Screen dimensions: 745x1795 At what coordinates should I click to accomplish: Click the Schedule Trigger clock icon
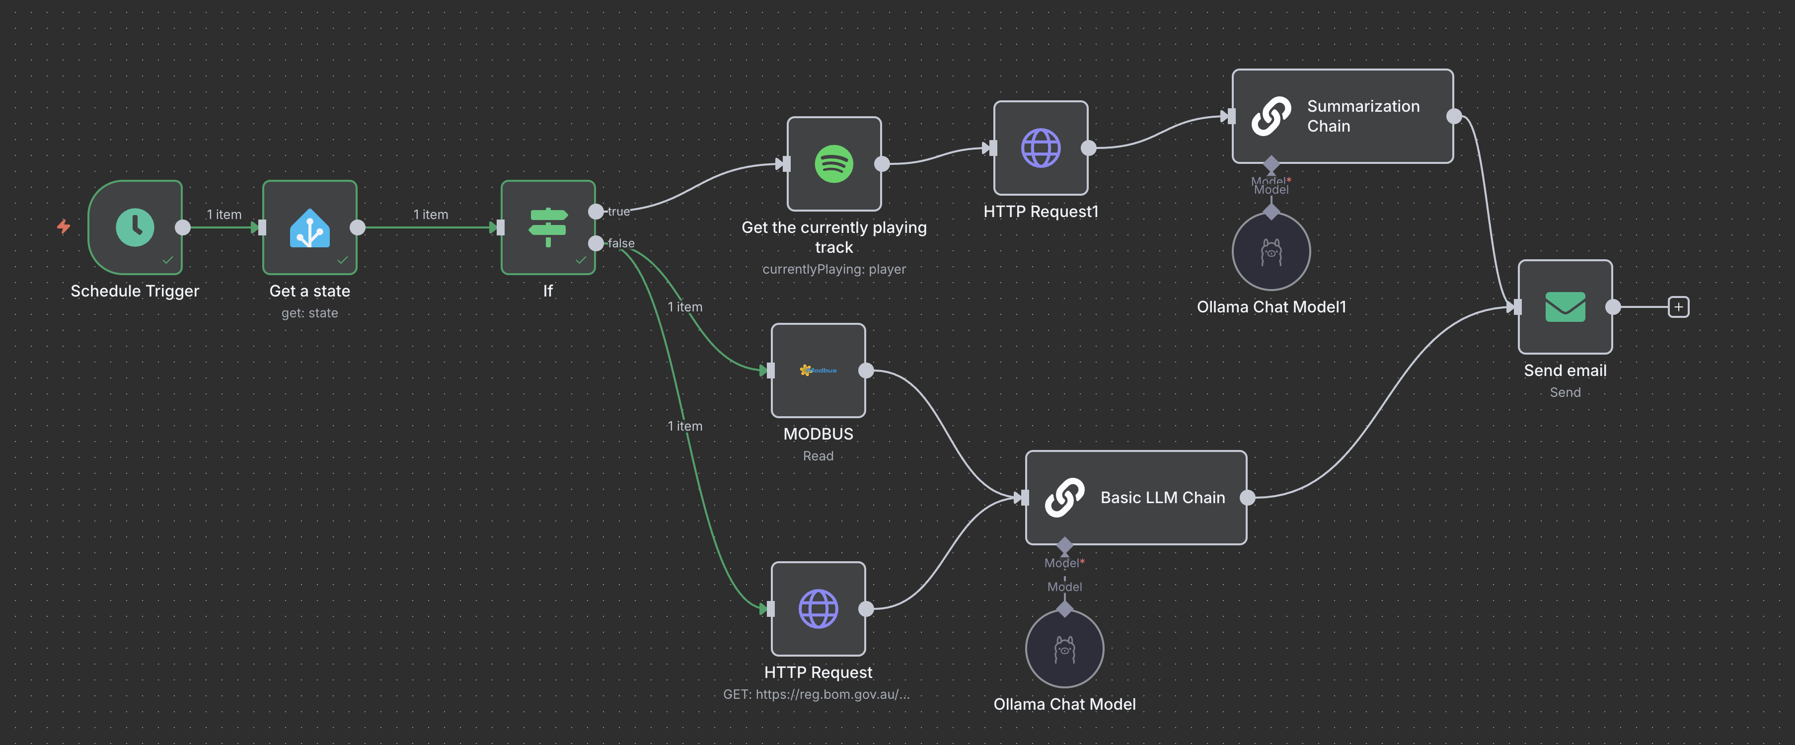[x=135, y=227]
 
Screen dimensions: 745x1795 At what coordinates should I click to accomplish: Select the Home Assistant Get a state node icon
[x=309, y=228]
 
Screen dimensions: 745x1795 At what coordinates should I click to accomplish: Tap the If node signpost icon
[x=548, y=227]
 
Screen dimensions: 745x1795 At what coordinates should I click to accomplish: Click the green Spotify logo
[x=833, y=164]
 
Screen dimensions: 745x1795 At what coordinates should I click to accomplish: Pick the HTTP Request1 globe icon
[x=1041, y=148]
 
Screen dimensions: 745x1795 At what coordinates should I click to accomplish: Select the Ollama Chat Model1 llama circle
[x=1271, y=252]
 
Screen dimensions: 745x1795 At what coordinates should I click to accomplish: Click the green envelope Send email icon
[x=1565, y=306]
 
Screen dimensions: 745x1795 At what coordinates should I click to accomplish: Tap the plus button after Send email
[x=1678, y=306]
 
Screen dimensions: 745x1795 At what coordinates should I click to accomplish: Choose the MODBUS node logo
[x=818, y=370]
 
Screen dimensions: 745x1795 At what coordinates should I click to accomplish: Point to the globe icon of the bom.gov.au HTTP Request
[x=818, y=608]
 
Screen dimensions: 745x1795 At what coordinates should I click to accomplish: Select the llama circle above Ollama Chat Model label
[x=1064, y=649]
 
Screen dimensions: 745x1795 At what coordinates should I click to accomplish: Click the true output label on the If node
[x=618, y=211]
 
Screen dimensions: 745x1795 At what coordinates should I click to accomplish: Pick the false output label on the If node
[x=621, y=243]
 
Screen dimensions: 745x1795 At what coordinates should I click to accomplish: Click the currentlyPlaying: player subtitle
[x=833, y=269]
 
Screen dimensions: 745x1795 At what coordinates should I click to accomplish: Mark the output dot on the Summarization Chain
[x=1454, y=116]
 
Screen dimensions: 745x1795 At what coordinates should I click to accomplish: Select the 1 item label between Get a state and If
[x=430, y=215]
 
